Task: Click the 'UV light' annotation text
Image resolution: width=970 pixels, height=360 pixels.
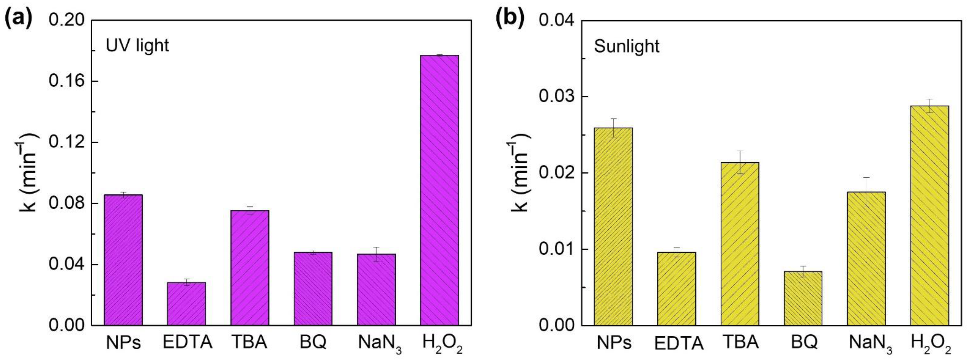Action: click(x=137, y=45)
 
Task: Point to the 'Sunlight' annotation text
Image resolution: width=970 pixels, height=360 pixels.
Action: click(x=627, y=46)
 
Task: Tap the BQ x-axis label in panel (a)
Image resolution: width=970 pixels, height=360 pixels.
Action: click(x=313, y=342)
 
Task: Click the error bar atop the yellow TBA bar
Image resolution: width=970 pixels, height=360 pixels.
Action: click(x=740, y=162)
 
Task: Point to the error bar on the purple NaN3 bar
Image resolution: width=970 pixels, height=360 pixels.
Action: click(x=376, y=254)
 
